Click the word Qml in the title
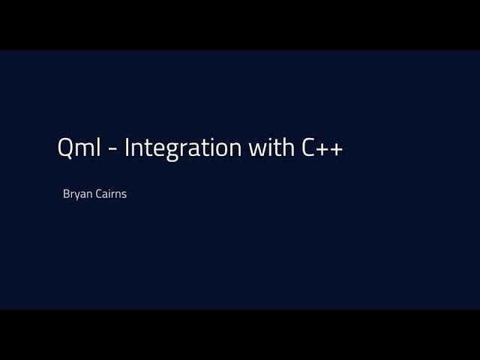(x=78, y=148)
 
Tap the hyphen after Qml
(x=111, y=150)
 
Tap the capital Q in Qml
(x=66, y=148)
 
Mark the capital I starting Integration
(x=127, y=148)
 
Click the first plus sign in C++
(x=321, y=149)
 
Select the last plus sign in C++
(x=336, y=149)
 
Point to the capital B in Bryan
(x=67, y=193)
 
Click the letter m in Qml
(x=82, y=150)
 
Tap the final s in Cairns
(x=124, y=194)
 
